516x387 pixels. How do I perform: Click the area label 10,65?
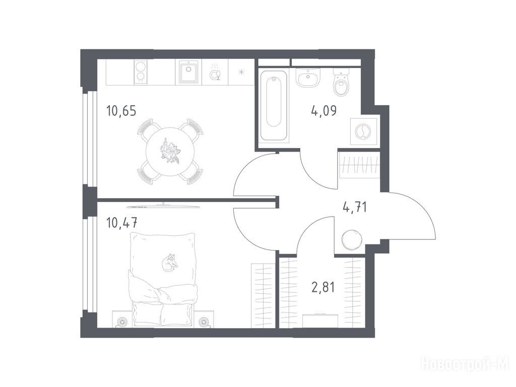coord(121,111)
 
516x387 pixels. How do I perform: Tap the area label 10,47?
coord(121,223)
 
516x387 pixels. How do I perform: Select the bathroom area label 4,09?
coord(324,111)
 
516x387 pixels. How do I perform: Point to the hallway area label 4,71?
coord(355,207)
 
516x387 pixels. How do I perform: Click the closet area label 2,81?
coord(323,287)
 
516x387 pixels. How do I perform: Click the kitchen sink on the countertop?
coord(188,72)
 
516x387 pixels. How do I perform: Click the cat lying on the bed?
coord(169,262)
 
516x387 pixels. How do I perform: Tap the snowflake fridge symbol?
coord(242,72)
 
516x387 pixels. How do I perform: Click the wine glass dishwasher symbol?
coord(215,73)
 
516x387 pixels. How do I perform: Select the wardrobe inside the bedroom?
coord(263,295)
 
